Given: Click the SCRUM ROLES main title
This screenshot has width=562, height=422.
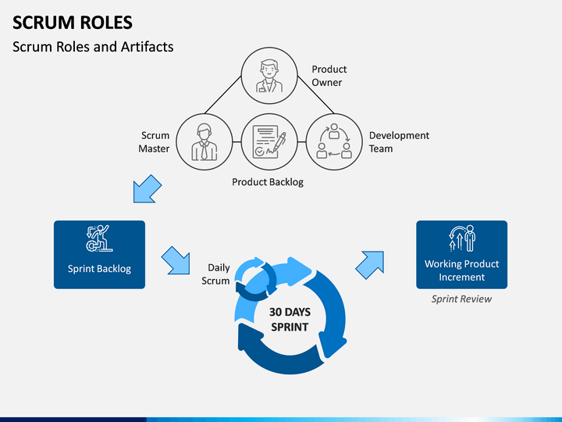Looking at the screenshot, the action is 73,22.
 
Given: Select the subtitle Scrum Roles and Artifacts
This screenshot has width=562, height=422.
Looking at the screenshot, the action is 93,47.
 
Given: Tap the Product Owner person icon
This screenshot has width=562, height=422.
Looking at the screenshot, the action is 269,76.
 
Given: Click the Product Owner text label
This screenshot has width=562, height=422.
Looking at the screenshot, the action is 329,76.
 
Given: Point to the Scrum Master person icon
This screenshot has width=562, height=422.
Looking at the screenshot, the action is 205,142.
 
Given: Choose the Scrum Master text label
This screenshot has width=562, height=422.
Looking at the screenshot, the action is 154,141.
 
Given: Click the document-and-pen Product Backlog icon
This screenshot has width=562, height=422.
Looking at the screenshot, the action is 269,141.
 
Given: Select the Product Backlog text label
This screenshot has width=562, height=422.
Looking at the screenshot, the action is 268,182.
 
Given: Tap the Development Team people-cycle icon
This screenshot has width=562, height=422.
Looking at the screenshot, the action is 334,141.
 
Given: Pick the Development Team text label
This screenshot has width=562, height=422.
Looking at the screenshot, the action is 399,141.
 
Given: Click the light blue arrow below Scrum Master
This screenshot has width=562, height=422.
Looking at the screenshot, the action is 147,189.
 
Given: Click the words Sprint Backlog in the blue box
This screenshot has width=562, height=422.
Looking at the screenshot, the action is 99,269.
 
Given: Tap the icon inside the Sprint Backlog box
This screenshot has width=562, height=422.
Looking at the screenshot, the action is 99,238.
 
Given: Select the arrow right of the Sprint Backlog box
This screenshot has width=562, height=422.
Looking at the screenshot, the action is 176,260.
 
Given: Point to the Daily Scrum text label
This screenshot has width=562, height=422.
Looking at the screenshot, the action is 215,274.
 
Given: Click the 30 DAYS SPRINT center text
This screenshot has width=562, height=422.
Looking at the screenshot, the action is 290,320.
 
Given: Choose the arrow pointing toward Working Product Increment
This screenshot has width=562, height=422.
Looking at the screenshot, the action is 370,265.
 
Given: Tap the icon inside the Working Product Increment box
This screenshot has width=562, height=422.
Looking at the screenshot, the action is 462,238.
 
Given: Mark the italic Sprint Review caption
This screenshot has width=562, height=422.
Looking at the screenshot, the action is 461,299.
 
